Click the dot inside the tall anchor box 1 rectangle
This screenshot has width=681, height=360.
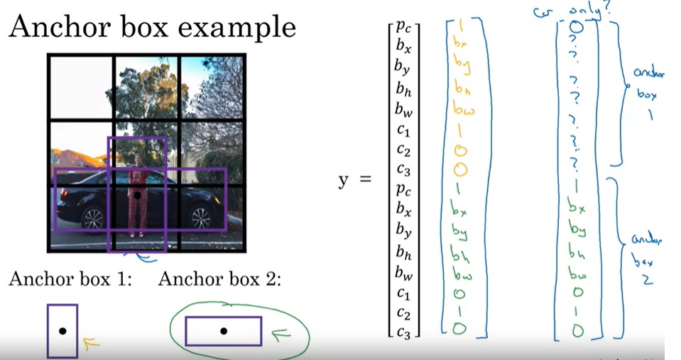tap(62, 332)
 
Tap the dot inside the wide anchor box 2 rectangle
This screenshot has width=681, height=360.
tap(223, 331)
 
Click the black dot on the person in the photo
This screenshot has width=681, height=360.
tap(136, 195)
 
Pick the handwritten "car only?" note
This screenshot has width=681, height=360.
tap(574, 9)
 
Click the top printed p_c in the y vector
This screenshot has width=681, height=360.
tap(403, 29)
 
